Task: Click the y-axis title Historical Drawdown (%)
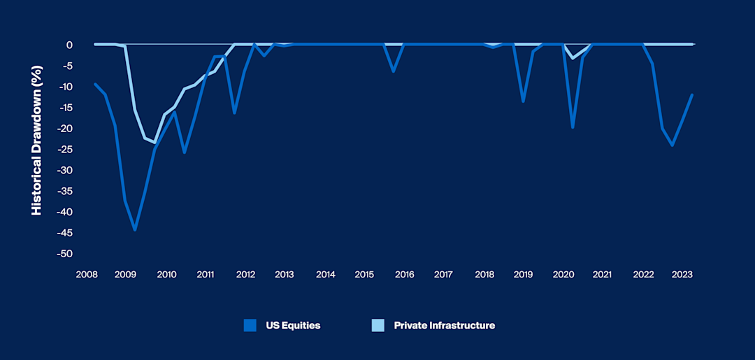pos(36,149)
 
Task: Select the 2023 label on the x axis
pos(682,275)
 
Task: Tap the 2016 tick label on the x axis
pos(404,275)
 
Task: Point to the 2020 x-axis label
pos(563,275)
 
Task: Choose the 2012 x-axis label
pos(245,275)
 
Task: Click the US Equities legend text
pos(293,325)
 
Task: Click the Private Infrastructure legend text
pos(444,325)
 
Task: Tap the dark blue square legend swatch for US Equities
pos(250,325)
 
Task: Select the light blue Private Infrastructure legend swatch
pos(377,325)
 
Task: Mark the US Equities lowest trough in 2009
pos(135,230)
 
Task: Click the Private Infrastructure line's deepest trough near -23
pos(154,143)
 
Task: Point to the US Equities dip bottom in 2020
pos(573,127)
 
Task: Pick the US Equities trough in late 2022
pos(672,145)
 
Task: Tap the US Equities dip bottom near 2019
pos(523,101)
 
